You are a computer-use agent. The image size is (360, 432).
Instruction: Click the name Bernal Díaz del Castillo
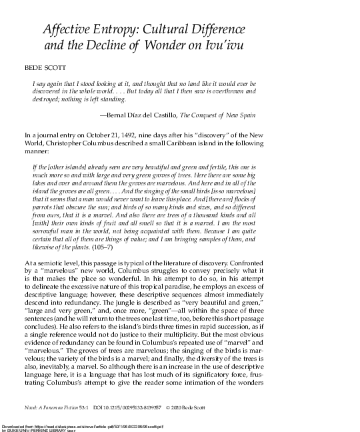point(174,115)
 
